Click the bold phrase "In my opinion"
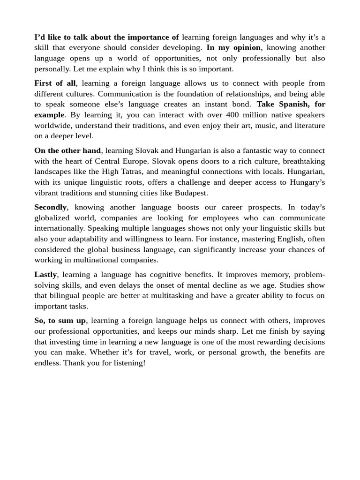tap(233, 48)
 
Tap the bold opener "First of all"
tap(55, 83)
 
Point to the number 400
tap(232, 115)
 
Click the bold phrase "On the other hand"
tap(67, 150)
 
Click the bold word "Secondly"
tap(51, 207)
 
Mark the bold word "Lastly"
tap(45, 275)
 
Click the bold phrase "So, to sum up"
tap(60, 321)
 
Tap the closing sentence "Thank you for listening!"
tap(105, 363)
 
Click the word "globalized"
tap(53, 218)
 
